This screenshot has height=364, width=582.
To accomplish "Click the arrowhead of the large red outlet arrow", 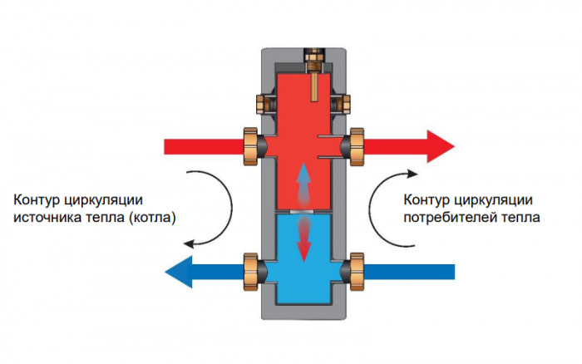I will pyautogui.click(x=440, y=146).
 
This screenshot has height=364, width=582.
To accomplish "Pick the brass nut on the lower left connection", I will pyautogui.click(x=249, y=270).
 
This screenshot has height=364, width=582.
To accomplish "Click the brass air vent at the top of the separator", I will pyautogui.click(x=313, y=58).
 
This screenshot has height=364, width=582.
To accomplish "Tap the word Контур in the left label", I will pyautogui.click(x=36, y=199).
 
